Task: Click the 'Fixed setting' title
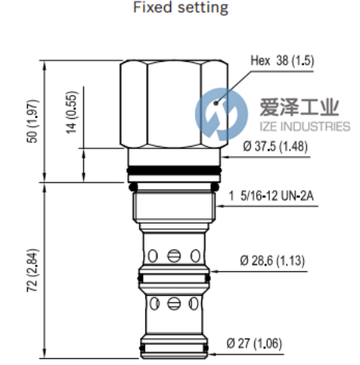(180, 7)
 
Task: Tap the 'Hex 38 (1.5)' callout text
(282, 61)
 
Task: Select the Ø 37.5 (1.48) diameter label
(275, 146)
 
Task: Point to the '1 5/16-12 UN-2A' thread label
(271, 196)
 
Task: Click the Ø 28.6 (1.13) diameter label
(272, 261)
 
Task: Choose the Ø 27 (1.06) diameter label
(254, 344)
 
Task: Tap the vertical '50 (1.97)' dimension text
(33, 121)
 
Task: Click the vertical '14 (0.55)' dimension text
(72, 113)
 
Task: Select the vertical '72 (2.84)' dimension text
(33, 270)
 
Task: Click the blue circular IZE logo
(222, 114)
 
